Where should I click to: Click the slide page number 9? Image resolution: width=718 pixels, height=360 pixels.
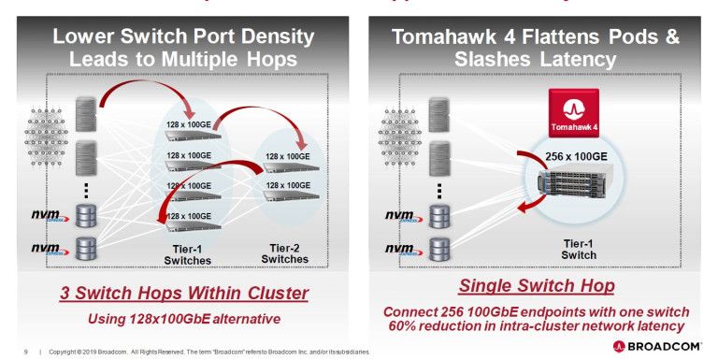[26, 352]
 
